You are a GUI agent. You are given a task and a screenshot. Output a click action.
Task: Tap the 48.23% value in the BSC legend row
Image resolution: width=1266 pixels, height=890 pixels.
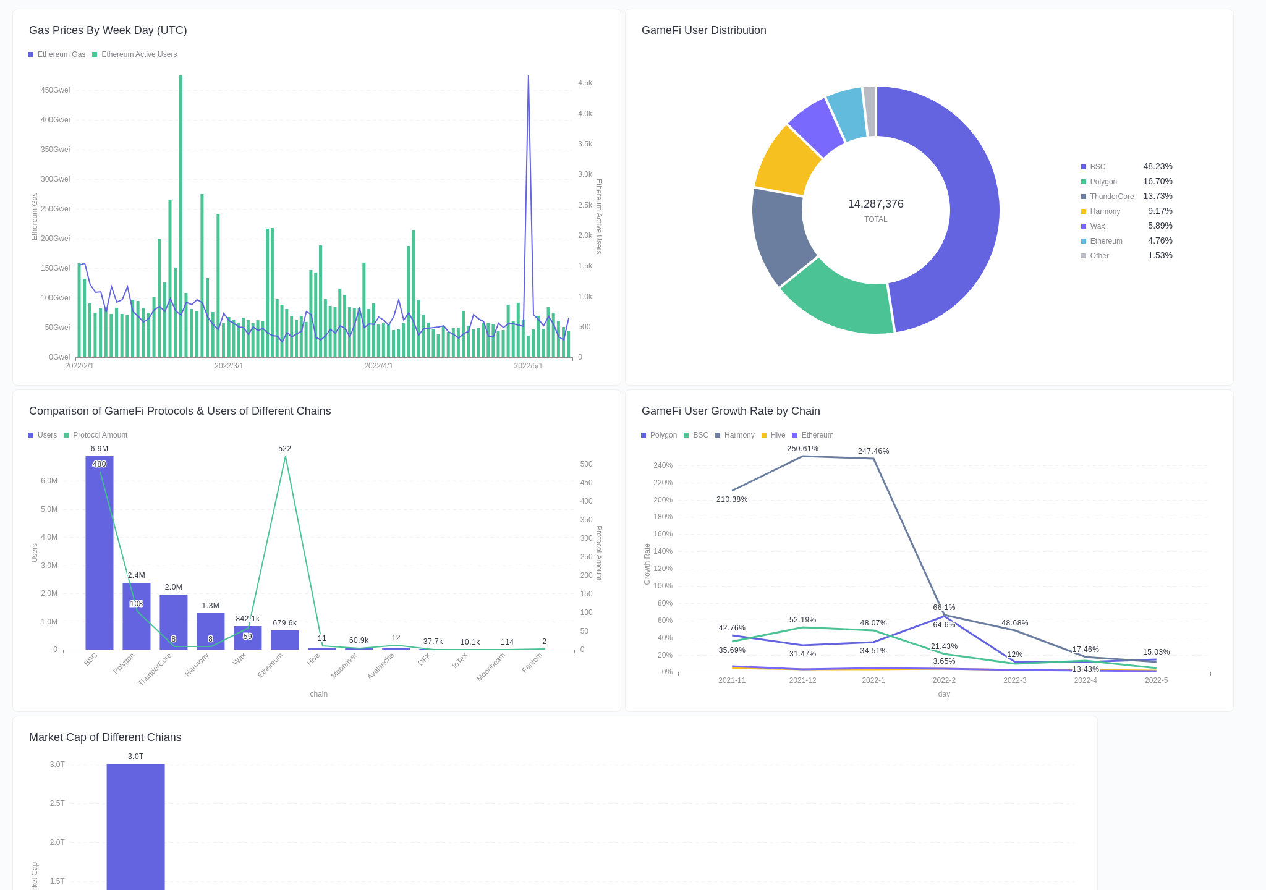[1157, 166]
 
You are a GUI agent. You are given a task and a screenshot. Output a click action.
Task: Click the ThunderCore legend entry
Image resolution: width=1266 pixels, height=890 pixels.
[1111, 197]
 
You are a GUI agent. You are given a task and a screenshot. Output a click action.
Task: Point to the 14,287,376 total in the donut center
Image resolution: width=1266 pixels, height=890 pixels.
[875, 204]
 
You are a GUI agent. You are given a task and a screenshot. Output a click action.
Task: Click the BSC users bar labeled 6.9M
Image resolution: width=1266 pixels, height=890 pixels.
[99, 556]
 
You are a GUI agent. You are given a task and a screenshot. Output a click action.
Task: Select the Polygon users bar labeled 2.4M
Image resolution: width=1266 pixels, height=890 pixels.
[136, 618]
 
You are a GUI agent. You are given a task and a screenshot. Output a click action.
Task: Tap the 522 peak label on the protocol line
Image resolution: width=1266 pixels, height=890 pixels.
[284, 449]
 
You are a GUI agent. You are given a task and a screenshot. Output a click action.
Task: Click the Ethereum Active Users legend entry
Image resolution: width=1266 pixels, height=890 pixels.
[138, 54]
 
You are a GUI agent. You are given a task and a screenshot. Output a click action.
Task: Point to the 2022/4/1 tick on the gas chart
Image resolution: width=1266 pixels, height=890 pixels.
[378, 366]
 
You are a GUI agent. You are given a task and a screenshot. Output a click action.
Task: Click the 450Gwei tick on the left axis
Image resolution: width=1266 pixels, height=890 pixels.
[55, 90]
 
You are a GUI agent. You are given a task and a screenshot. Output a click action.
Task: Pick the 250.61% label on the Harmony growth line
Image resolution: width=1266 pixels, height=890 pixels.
[802, 449]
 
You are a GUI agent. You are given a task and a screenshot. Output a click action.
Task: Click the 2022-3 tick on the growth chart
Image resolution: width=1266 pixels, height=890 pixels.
[1014, 680]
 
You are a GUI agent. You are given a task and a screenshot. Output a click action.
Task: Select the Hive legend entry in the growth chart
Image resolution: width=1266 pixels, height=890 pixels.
[777, 435]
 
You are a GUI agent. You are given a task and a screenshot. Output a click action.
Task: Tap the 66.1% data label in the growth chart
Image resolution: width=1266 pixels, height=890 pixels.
[944, 608]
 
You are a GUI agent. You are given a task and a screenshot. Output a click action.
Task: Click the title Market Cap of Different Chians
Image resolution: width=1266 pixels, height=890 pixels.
[105, 737]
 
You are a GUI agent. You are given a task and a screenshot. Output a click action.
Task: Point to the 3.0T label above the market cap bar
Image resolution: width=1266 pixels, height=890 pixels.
[135, 756]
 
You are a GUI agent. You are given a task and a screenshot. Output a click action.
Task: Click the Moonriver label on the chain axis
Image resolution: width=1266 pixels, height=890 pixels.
[344, 666]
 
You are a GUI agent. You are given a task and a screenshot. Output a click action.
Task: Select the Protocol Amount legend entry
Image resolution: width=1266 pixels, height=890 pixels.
[100, 435]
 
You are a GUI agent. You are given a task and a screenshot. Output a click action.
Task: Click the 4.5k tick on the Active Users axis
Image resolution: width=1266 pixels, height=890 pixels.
[584, 83]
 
